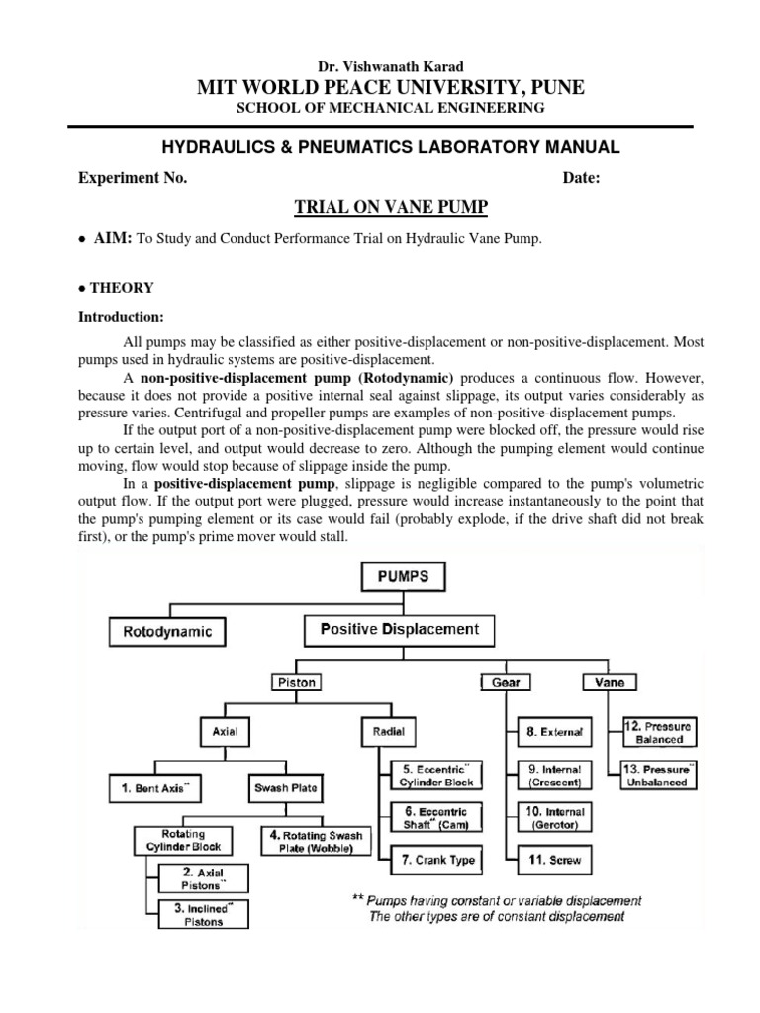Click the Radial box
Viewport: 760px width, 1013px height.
386,732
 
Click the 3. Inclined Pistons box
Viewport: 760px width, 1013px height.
201,914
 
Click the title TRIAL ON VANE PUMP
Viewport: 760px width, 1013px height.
379,206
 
